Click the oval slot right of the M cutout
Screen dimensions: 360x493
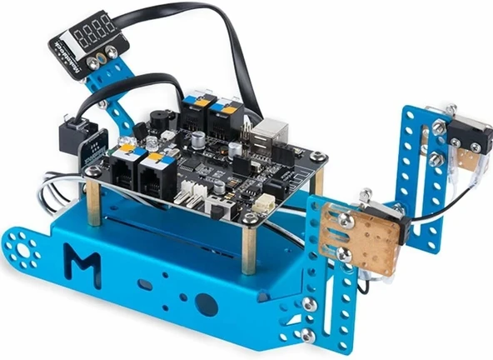pyautogui.click(x=145, y=284)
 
